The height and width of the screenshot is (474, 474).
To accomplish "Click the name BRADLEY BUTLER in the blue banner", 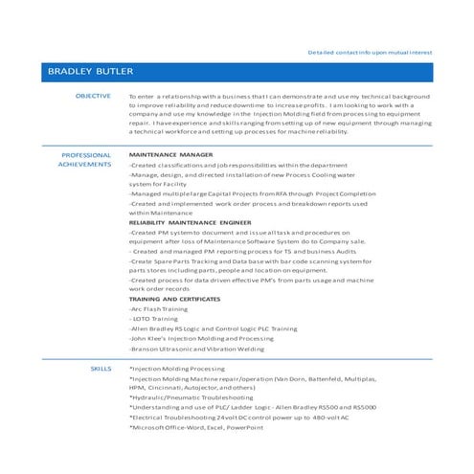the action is coord(92,72).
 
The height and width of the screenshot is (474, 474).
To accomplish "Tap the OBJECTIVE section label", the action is coord(93,98).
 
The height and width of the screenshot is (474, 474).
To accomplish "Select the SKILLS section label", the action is coord(101,368).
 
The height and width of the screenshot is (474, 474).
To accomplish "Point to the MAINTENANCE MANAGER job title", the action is coord(170,154).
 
